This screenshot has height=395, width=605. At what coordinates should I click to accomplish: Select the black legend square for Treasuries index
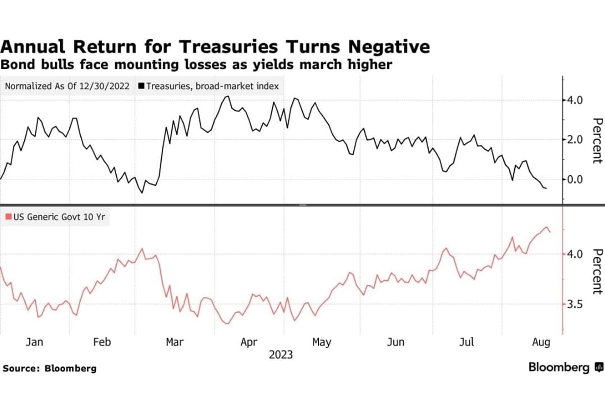pos(141,86)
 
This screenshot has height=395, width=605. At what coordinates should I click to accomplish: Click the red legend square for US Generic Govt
pos(8,217)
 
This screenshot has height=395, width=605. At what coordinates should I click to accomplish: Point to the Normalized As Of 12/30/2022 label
pos(67,86)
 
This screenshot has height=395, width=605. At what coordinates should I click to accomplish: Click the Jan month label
pos(35,342)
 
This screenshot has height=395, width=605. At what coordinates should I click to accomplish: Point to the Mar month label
pos(175,342)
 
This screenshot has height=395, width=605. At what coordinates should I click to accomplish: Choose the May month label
pos(321,342)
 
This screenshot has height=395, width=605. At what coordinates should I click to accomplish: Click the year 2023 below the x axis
pos(281,355)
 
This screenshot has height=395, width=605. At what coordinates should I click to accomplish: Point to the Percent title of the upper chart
pos(596,140)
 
